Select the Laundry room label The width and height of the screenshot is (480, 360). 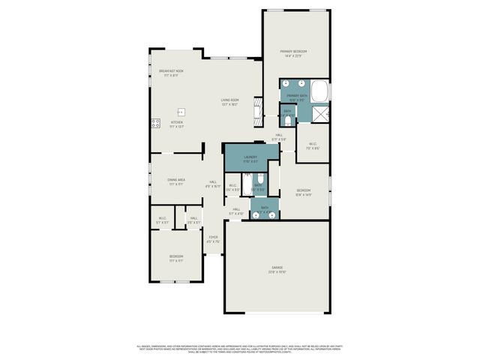pos(250,157)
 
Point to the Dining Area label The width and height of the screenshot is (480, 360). pos(177,180)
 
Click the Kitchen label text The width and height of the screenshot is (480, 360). pos(176,122)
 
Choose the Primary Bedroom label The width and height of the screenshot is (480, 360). pos(294,51)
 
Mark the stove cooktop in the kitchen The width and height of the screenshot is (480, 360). pos(156,123)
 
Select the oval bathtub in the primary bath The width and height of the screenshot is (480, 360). pos(320,92)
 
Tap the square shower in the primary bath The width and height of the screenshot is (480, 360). pos(321,114)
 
